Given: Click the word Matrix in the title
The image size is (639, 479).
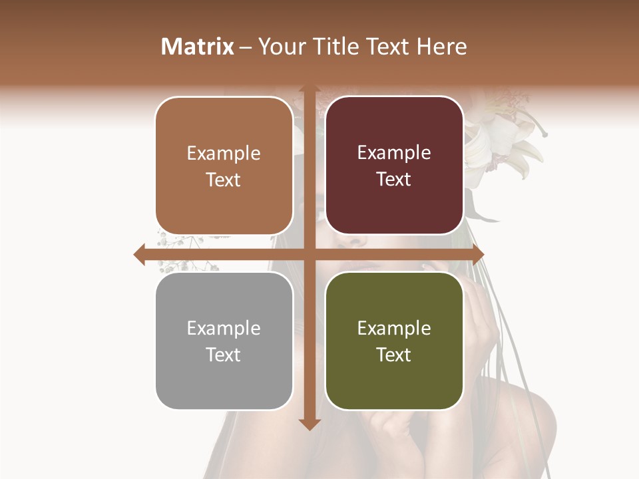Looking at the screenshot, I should [x=198, y=47].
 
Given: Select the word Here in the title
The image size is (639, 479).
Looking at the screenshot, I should [x=441, y=47].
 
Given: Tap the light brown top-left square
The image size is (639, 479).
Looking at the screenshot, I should [x=224, y=166].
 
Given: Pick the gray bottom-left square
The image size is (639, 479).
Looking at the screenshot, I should [x=224, y=341].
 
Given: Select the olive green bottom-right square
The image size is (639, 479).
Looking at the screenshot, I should [x=394, y=341].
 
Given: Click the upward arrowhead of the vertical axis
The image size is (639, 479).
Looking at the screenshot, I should [x=309, y=89].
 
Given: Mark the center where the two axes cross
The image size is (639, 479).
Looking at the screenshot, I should [x=309, y=254].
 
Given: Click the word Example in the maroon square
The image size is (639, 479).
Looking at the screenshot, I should [x=394, y=153].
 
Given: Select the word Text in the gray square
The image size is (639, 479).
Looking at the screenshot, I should [x=224, y=355].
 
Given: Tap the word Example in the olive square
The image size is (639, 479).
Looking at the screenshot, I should [x=394, y=328].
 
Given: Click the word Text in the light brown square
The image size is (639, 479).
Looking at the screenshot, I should [x=224, y=180].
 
